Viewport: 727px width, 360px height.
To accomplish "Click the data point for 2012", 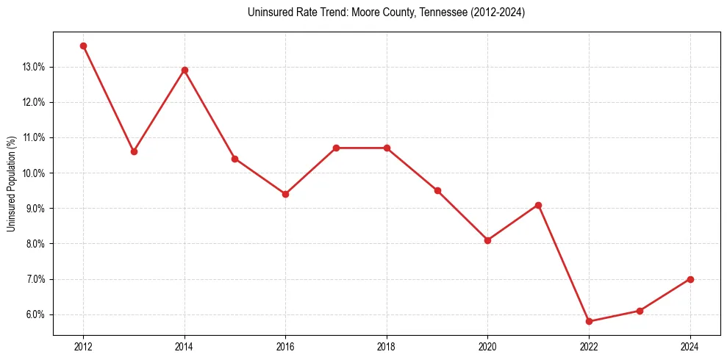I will coord(83,46).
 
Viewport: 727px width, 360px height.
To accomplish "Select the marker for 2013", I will coord(134,151).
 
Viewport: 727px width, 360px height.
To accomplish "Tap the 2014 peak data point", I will coord(185,70).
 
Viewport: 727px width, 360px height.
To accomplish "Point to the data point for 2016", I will coord(285,194).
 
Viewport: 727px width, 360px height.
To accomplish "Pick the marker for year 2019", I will coord(437,190).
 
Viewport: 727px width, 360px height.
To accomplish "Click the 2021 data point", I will coord(538,205).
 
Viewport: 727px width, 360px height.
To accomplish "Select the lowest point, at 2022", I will coord(589,321).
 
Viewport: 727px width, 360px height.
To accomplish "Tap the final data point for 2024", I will coord(690,279).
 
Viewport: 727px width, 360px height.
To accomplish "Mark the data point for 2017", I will coord(336,148).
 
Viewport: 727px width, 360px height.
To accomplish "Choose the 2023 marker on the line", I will coord(640,311).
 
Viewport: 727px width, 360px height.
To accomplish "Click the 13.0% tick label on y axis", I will coord(34,67).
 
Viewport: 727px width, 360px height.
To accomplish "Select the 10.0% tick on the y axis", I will coord(34,173).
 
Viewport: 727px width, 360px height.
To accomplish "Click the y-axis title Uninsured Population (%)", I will coord(12,184).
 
